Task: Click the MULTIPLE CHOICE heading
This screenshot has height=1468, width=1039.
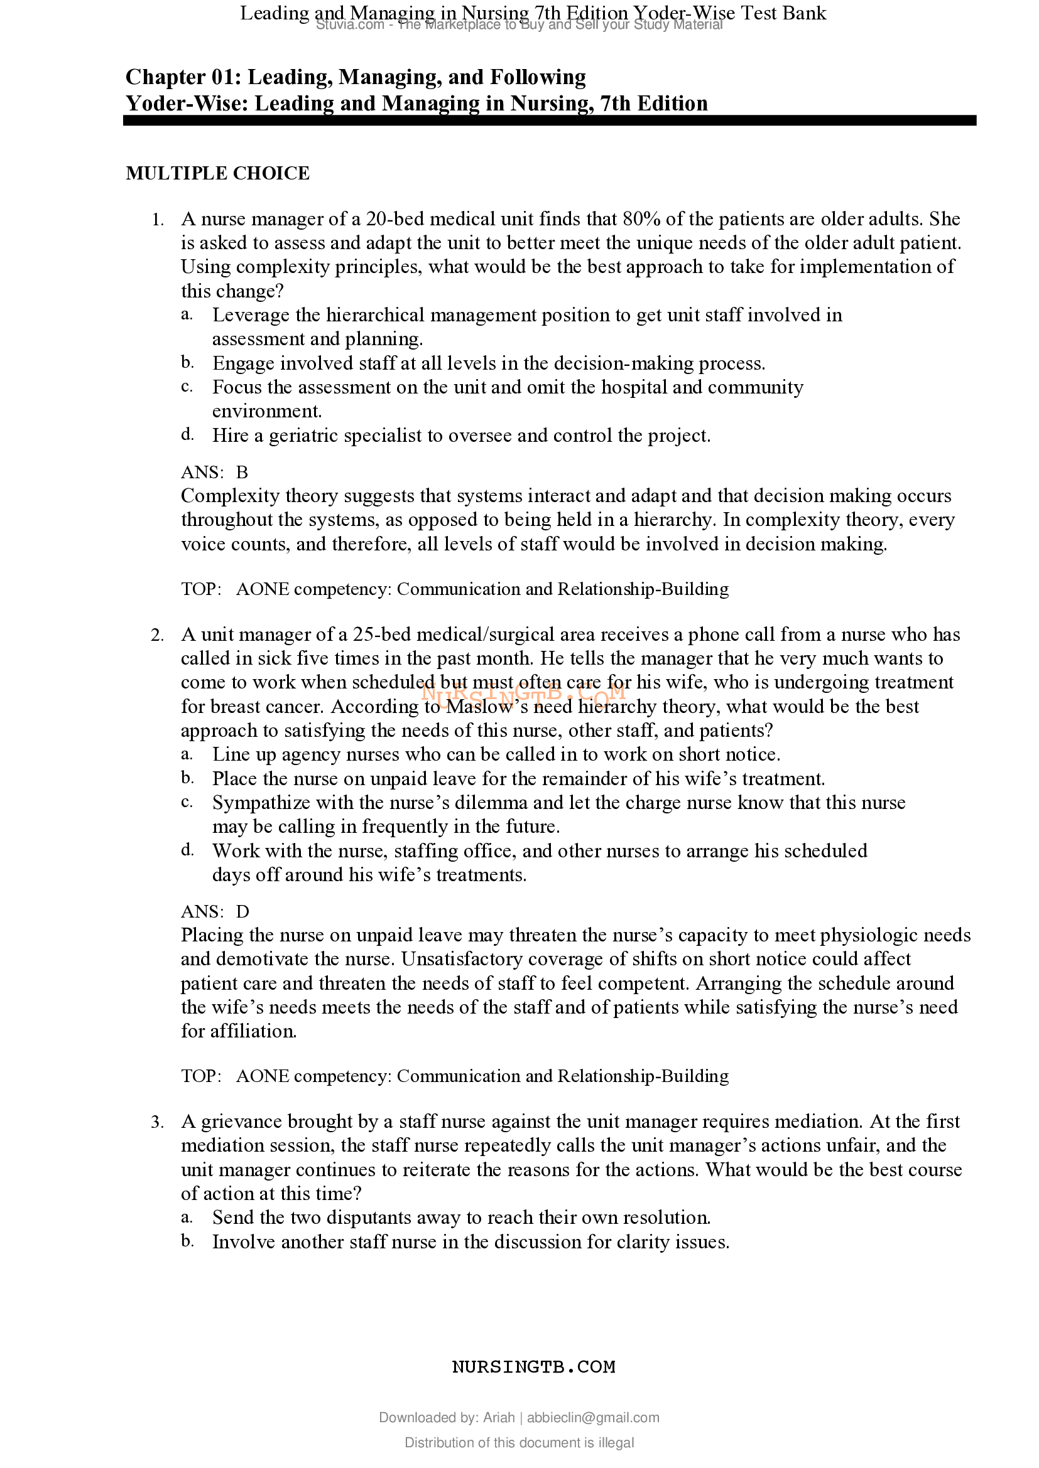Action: tap(217, 173)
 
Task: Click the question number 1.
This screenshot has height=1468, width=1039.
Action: tap(158, 220)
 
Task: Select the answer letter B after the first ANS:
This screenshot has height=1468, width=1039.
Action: tap(242, 473)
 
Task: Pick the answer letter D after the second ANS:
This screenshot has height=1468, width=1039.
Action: tap(242, 912)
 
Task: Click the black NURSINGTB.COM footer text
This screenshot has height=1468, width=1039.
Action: tap(533, 1367)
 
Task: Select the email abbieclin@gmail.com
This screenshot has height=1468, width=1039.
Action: tap(593, 1418)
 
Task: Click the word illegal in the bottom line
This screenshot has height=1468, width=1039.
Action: tap(616, 1443)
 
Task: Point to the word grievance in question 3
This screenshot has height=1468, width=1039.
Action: tap(241, 1122)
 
